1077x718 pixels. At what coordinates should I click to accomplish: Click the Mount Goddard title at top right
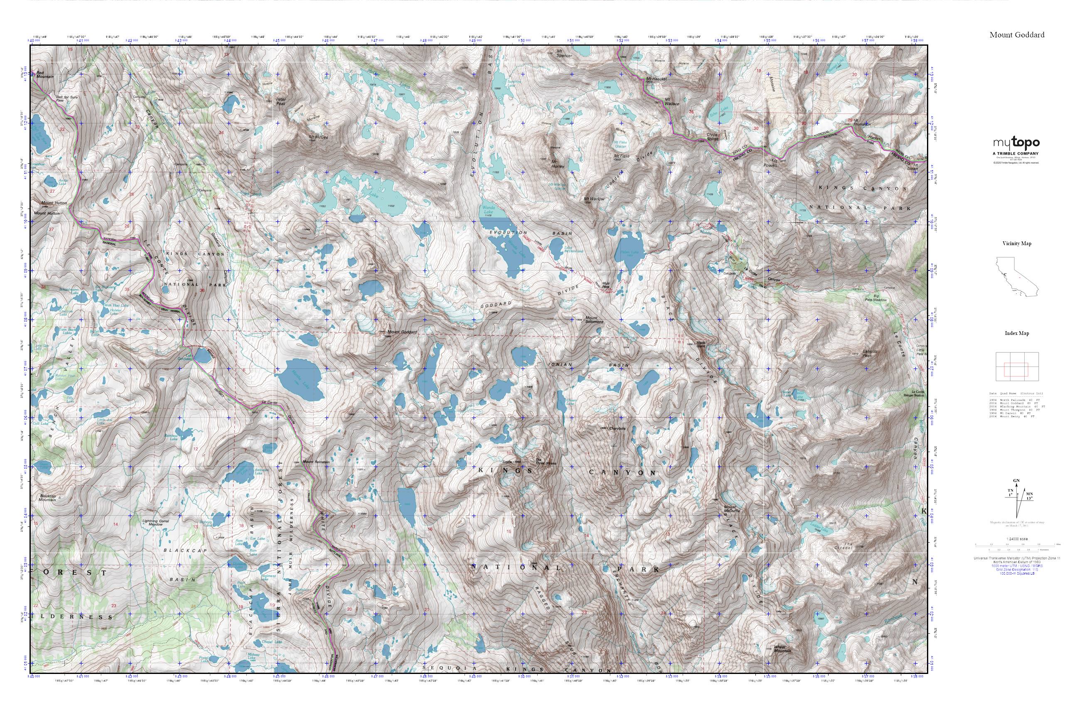(x=1017, y=35)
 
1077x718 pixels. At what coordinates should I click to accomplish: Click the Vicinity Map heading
(x=1017, y=243)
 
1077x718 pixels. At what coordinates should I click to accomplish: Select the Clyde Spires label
(x=713, y=136)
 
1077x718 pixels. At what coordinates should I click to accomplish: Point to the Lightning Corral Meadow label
(x=156, y=523)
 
